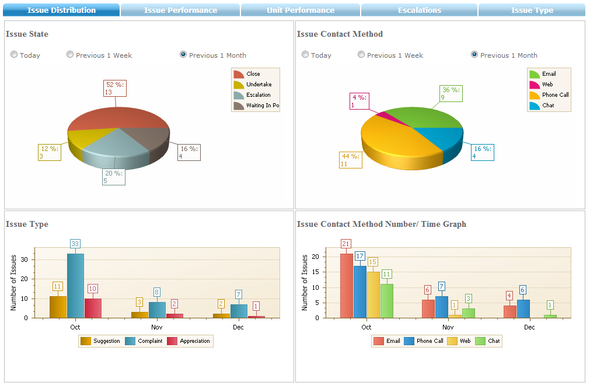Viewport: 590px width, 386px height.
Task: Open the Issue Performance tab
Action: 180,10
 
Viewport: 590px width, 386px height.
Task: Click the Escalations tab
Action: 419,10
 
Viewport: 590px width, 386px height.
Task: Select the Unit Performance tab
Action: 301,10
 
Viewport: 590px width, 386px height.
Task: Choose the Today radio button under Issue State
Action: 14,55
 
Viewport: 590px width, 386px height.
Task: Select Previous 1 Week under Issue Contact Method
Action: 361,55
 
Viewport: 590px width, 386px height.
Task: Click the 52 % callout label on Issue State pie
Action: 114,88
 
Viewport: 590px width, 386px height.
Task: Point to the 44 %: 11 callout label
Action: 350,160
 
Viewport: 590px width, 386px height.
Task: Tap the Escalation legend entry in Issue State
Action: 257,95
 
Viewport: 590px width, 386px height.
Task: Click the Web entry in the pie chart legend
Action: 547,85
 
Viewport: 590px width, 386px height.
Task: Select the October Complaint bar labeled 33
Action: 75,285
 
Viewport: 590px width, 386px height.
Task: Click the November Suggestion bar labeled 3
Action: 139,315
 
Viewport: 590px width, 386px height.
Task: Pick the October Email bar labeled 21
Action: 346,285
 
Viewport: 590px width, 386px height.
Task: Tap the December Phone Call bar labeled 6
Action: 523,308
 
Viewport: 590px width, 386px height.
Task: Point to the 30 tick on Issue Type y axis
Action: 27,259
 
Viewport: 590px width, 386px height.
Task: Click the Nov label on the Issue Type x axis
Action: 156,327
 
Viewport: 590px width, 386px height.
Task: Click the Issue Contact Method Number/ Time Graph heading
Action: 381,224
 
